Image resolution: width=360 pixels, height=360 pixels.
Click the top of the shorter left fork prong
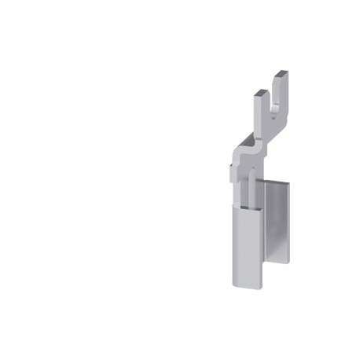[x=259, y=93]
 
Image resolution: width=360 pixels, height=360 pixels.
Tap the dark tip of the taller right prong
[x=281, y=73]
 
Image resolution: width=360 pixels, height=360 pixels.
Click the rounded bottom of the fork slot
[x=270, y=109]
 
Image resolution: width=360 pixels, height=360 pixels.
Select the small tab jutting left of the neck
[x=230, y=169]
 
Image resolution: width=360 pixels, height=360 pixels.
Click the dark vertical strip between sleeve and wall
[x=263, y=236]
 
